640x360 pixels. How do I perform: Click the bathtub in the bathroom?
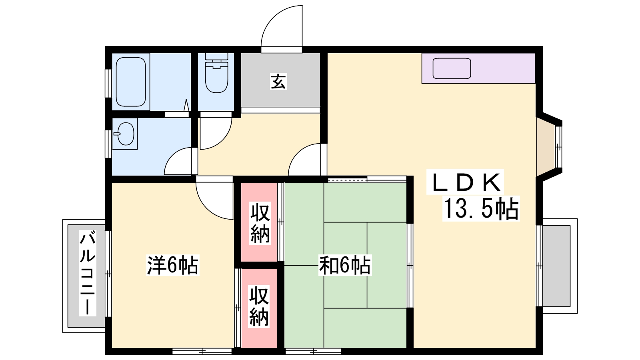[x=131, y=82]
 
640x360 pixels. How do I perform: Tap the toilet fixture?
[x=216, y=73]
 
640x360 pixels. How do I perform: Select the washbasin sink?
[x=125, y=134]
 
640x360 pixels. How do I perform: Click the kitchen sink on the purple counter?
[x=452, y=68]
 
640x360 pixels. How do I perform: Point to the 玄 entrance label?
[x=278, y=82]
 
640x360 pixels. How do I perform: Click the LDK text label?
[x=466, y=182]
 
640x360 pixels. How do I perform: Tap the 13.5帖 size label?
[x=481, y=208]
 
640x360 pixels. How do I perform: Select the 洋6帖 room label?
[x=172, y=265]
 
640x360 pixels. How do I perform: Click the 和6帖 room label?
[x=345, y=265]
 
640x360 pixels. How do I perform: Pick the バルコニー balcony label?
[x=88, y=274]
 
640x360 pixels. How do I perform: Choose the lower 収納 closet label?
[x=259, y=306]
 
